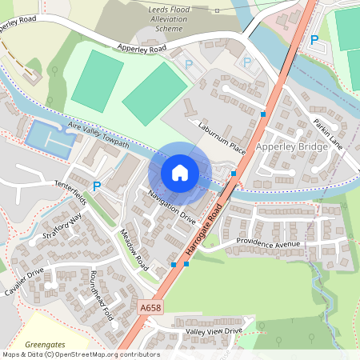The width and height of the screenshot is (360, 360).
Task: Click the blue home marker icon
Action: [180, 172]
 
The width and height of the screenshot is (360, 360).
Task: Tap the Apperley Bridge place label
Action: [291, 148]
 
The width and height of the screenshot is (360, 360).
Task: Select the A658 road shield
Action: [150, 307]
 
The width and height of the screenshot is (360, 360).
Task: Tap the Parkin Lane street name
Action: [328, 133]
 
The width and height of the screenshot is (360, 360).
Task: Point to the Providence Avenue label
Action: [268, 243]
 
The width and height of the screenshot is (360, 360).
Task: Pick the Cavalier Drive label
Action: [25, 282]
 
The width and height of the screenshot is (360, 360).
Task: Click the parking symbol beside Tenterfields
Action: [97, 186]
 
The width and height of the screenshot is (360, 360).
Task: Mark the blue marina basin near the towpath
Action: [50, 138]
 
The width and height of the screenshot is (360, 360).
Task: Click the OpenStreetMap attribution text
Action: [80, 354]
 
